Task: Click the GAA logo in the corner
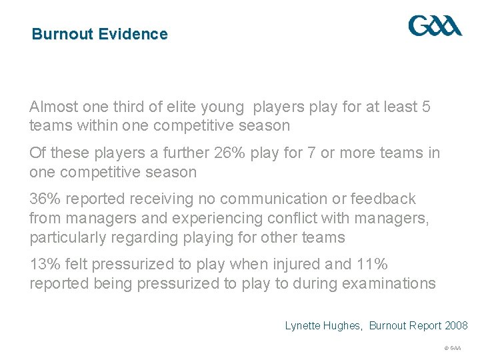tap(435, 26)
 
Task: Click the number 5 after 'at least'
tap(427, 107)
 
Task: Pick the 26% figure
tap(231, 153)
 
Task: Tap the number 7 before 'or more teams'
tap(311, 153)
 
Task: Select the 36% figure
tap(44, 199)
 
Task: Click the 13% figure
tap(44, 264)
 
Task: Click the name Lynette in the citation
tap(303, 326)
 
